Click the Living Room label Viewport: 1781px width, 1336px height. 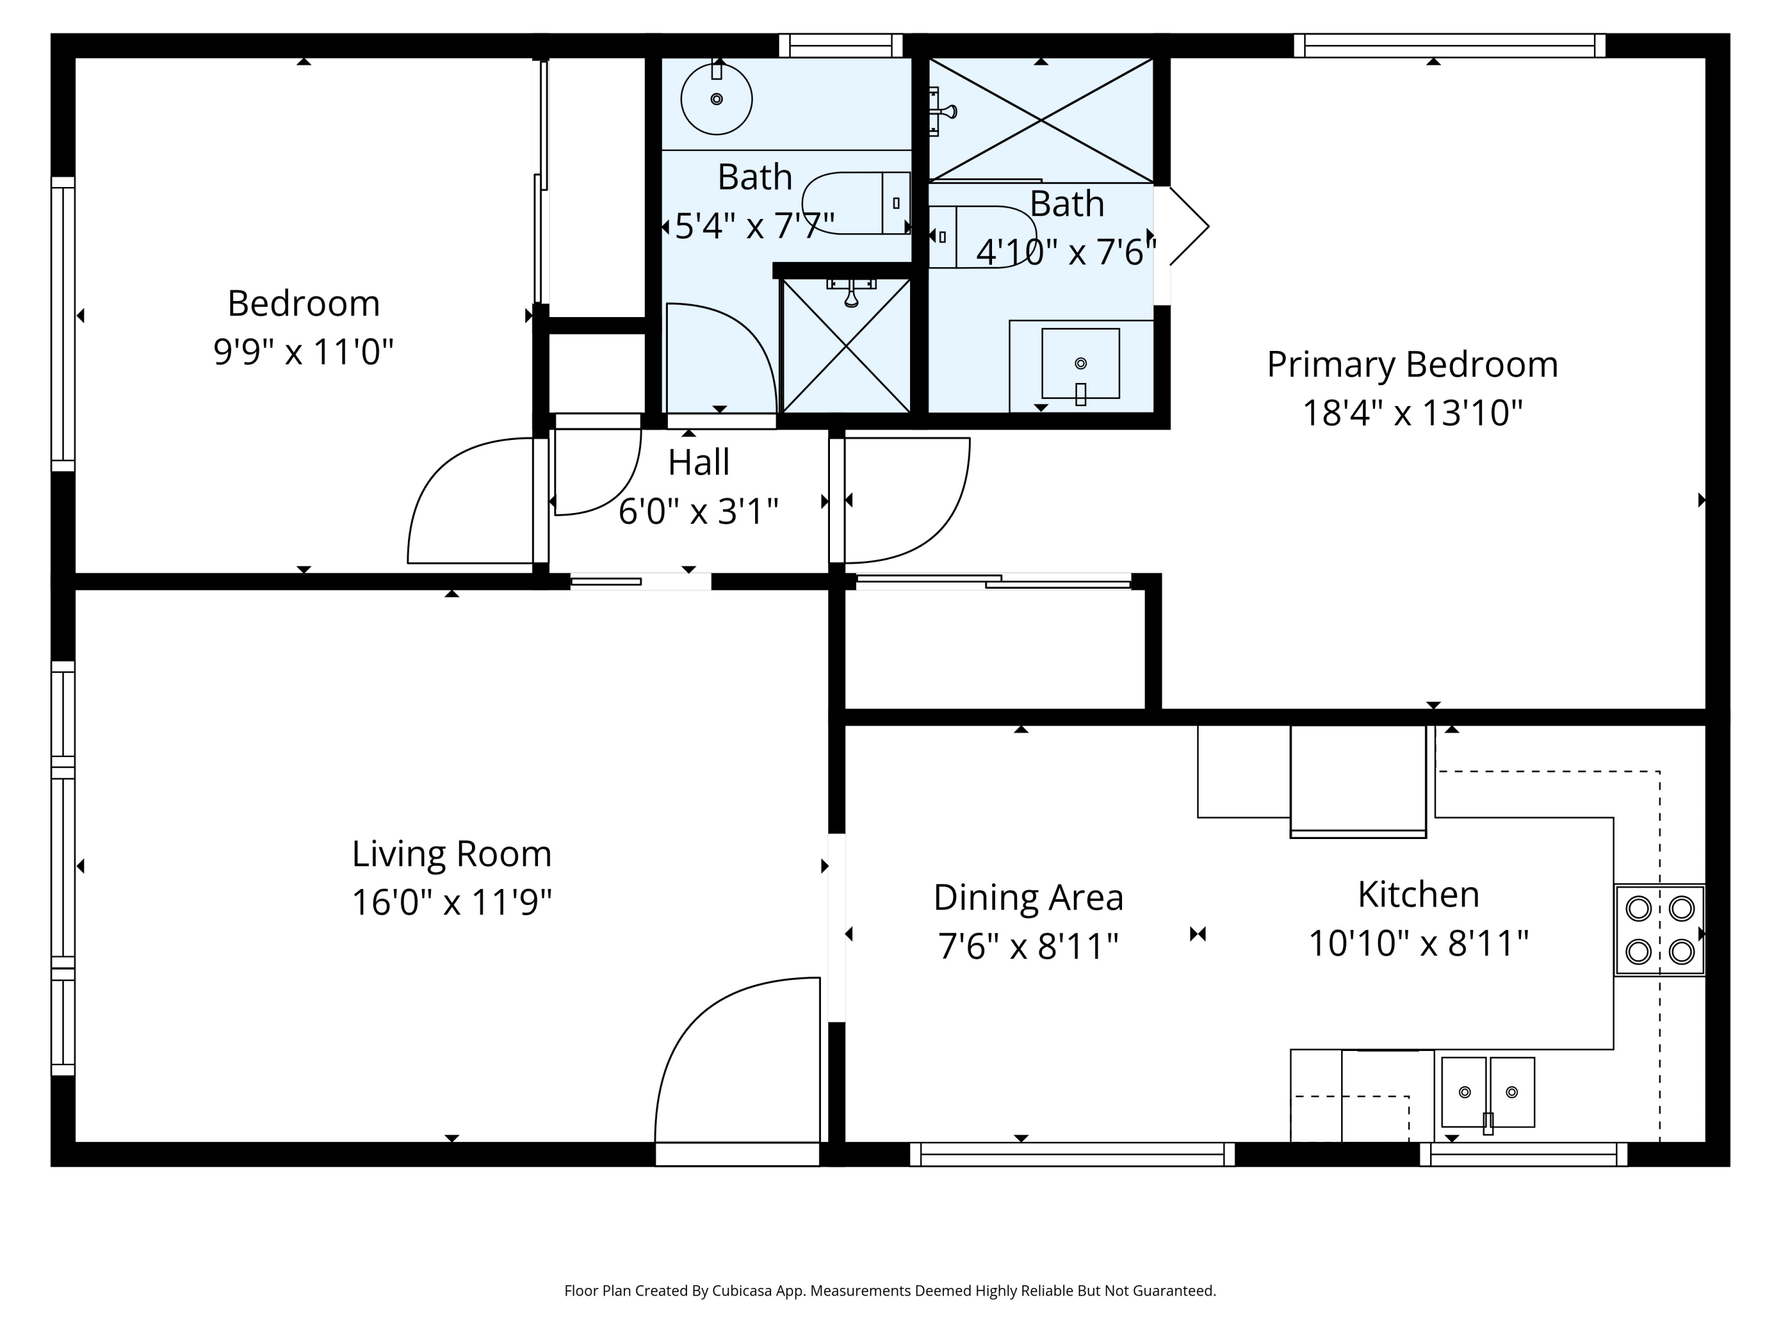point(452,854)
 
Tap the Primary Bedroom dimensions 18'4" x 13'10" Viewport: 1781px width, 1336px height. point(1412,413)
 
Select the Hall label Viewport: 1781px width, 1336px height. point(699,462)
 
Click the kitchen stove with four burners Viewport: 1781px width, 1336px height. point(1659,930)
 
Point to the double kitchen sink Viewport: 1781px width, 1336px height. point(1488,1093)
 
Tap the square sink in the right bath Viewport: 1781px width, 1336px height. point(1080,363)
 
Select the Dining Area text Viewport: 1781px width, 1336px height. point(1028,897)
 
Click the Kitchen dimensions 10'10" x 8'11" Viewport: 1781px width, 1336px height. point(1419,943)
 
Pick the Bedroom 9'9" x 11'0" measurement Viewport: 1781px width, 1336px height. point(303,352)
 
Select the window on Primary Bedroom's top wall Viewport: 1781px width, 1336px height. point(1449,46)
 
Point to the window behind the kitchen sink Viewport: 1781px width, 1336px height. point(1523,1154)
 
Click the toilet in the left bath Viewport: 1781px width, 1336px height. point(856,203)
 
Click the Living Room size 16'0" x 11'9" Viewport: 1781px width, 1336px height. point(452,902)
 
